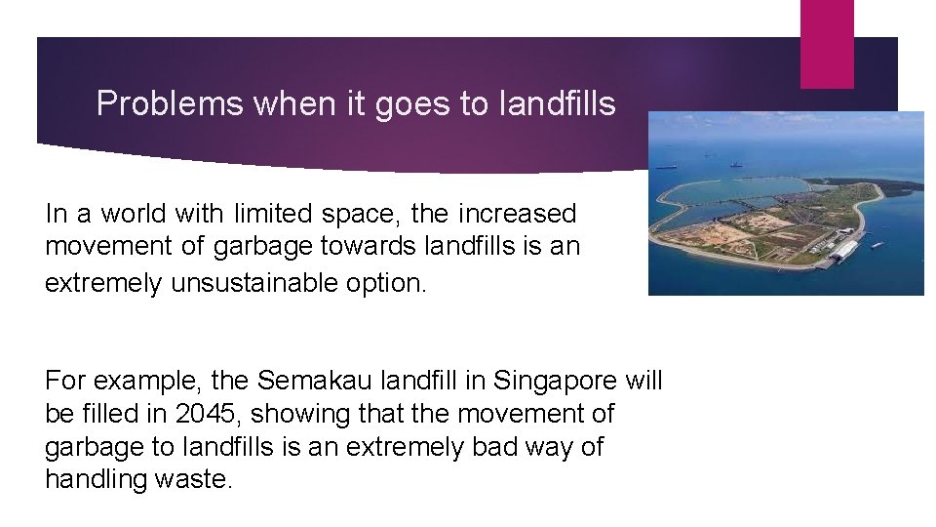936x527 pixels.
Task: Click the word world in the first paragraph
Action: tap(126, 214)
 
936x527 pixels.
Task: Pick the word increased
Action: tap(516, 213)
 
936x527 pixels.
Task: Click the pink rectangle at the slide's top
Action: tap(827, 43)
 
